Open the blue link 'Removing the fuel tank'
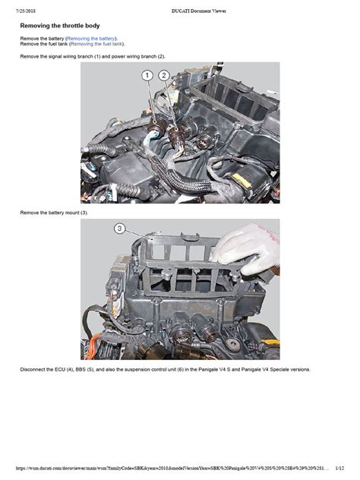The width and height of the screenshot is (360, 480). tap(96, 44)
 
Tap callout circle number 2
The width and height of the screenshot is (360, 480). tap(164, 75)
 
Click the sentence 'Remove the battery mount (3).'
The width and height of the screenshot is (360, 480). tap(54, 213)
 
